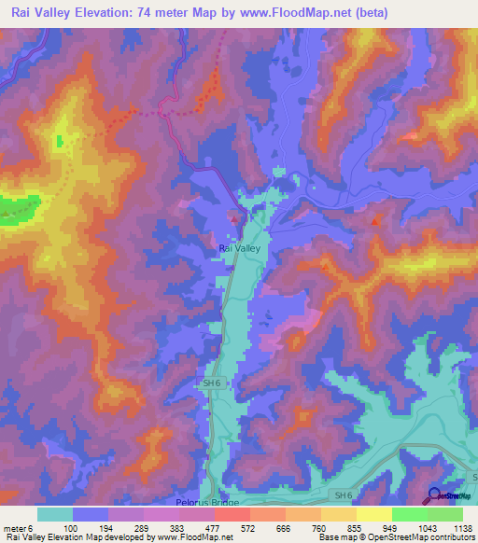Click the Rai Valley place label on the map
click(240, 248)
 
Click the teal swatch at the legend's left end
click(55, 513)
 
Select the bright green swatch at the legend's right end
click(445, 513)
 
